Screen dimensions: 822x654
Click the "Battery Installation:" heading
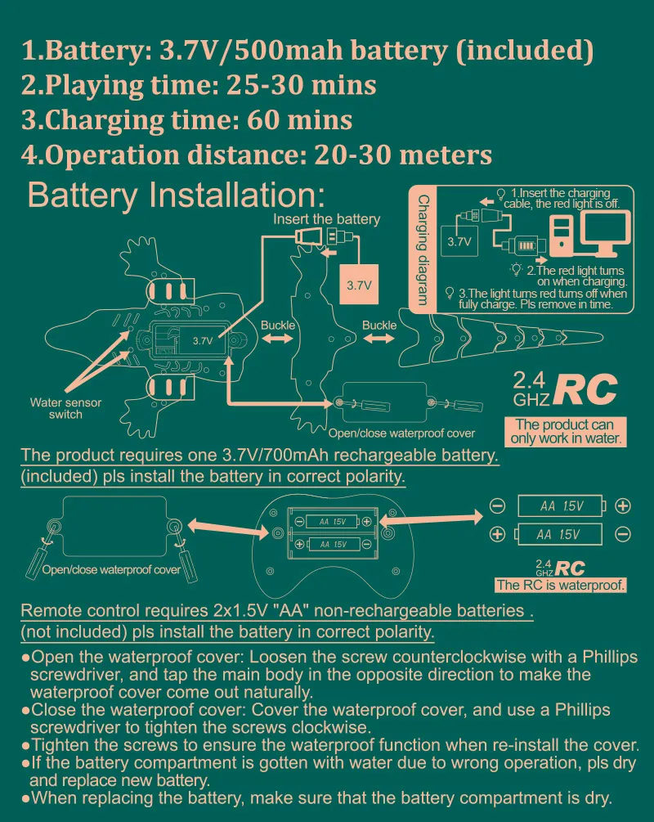176,195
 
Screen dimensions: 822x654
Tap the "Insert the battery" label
326,219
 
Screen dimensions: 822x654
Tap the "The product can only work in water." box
566,431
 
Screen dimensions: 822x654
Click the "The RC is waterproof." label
561,585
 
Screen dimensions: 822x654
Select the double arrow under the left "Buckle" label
277,340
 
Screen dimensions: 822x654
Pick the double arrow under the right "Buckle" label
379,340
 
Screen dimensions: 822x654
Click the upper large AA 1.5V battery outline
561,506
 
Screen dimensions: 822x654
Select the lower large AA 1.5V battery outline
559,535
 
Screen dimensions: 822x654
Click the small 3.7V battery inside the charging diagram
459,242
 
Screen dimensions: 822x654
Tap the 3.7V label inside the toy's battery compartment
203,339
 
